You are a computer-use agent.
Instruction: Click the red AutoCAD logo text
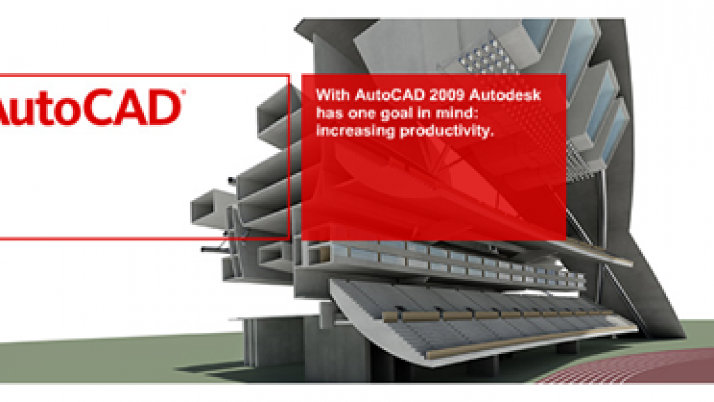pyautogui.click(x=91, y=107)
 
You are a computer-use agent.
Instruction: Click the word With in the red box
pyautogui.click(x=332, y=95)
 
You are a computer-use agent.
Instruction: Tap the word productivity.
pyautogui.click(x=447, y=131)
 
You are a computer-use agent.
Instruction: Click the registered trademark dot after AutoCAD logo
pyautogui.click(x=184, y=92)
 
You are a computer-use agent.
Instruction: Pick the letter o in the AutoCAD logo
pyautogui.click(x=65, y=111)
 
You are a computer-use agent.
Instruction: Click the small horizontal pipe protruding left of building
pyautogui.click(x=214, y=250)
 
